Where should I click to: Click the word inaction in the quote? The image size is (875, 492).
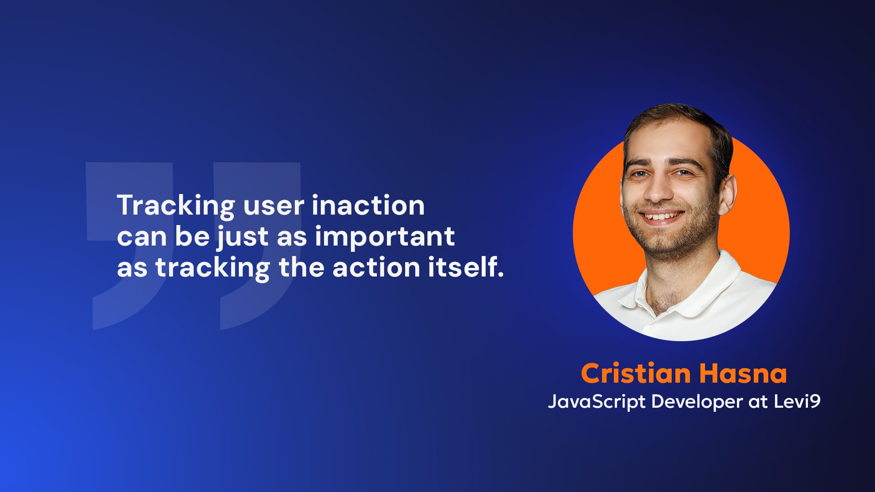point(368,205)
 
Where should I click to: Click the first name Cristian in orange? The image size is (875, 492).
point(636,374)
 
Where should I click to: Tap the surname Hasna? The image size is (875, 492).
point(743,374)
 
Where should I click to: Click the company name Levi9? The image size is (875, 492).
point(798,401)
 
